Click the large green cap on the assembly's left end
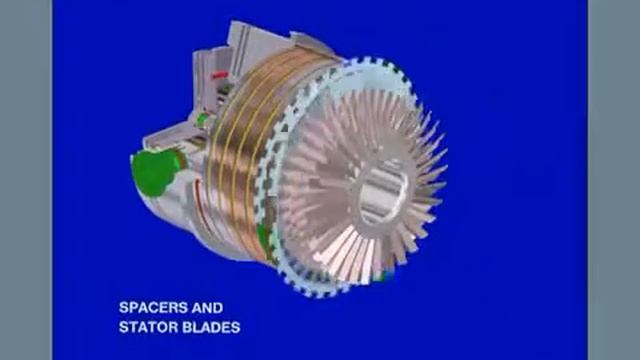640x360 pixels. click(x=155, y=171)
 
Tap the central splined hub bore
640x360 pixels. click(x=382, y=193)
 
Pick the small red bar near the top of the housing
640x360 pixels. click(x=220, y=75)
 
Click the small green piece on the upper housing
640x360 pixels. click(x=202, y=120)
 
